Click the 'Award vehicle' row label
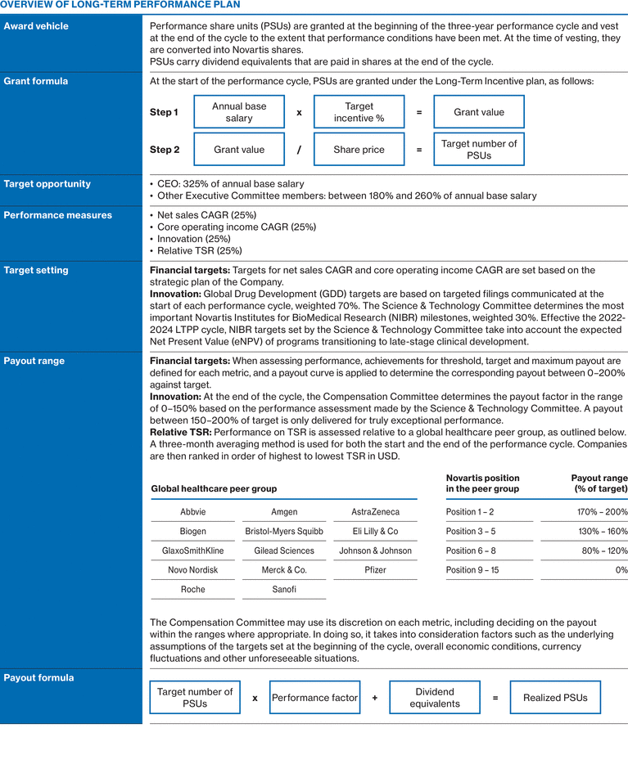point(36,26)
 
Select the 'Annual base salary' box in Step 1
point(239,112)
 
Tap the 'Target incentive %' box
point(359,112)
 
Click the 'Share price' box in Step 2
point(359,150)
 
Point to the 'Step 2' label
point(165,150)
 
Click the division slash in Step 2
point(299,150)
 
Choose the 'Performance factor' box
point(314,698)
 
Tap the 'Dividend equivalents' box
point(435,698)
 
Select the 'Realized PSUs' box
point(555,698)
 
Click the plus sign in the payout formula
point(374,698)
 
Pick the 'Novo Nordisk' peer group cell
point(192,570)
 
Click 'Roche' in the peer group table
point(192,590)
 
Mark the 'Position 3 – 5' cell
point(471,531)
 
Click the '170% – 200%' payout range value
point(603,512)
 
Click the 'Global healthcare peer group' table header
point(214,488)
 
